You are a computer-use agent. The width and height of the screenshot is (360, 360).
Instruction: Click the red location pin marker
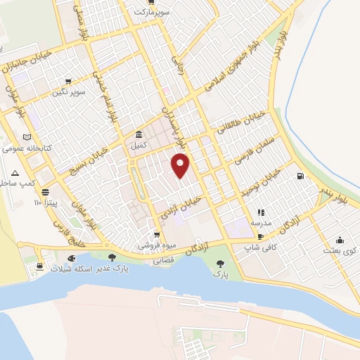pos(181,165)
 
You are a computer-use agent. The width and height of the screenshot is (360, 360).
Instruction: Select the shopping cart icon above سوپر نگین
pos(68,82)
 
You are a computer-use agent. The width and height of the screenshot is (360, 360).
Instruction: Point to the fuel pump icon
pos(301,176)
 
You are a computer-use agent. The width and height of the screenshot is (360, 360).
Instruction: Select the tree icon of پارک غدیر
pos(112,257)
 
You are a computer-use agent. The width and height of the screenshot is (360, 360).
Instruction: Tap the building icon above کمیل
pos(139,134)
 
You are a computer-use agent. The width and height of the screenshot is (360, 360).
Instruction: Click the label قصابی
pos(164,259)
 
